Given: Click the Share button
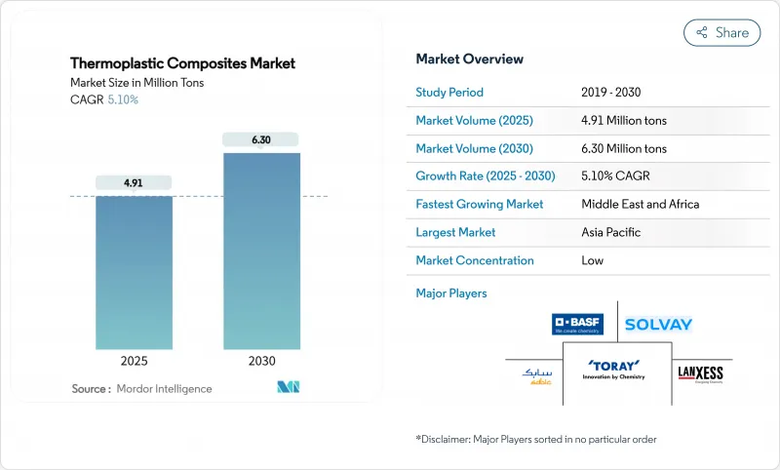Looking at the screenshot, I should click(x=721, y=32).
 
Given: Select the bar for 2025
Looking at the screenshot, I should click(x=134, y=272).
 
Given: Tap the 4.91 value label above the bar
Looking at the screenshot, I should click(x=134, y=182).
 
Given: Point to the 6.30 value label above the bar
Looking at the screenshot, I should click(x=261, y=139).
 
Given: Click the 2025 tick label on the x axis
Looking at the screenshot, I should click(x=134, y=362).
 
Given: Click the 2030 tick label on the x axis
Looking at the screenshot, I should click(x=261, y=362).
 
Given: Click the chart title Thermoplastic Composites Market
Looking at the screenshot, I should click(x=182, y=63).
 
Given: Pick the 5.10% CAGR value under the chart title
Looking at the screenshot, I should click(x=122, y=99).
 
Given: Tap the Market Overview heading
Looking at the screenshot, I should click(x=469, y=59).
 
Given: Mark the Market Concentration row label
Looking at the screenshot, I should click(x=475, y=260).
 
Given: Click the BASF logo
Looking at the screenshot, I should click(x=576, y=324).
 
